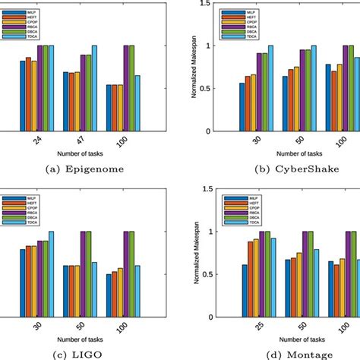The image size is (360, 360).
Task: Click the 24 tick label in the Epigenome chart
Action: (36, 142)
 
